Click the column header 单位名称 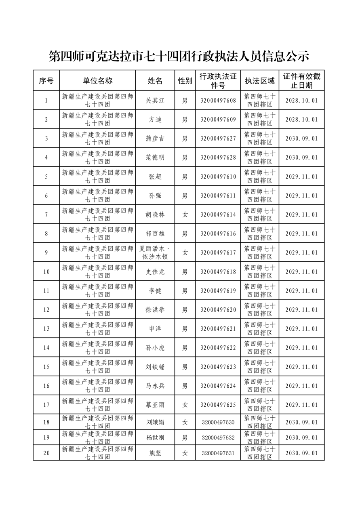tap(97, 80)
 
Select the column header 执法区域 tap(259, 81)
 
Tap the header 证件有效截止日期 tap(301, 81)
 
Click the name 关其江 tap(155, 101)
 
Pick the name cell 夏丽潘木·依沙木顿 tap(155, 252)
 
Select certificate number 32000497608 tap(218, 101)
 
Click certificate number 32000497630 tap(218, 422)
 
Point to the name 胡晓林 tap(155, 215)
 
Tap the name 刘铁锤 tap(155, 367)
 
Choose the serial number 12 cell tap(46, 310)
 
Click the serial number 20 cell tap(46, 453)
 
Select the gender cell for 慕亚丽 tap(185, 405)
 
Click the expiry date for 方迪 tap(301, 120)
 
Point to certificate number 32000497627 tap(218, 139)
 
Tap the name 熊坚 tap(155, 453)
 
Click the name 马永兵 tap(155, 386)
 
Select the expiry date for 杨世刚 tap(301, 437)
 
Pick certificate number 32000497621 tap(218, 329)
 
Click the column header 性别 tap(185, 81)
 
